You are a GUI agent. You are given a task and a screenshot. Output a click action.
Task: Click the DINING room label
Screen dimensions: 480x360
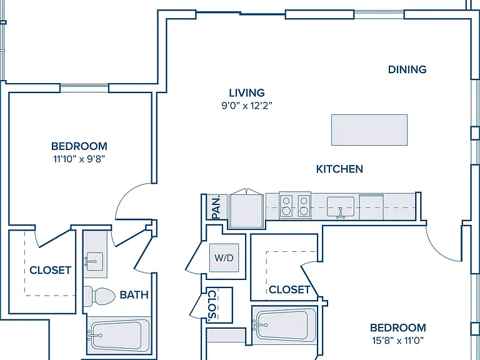pos(407,69)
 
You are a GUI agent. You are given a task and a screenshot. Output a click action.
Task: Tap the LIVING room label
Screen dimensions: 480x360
pos(247,92)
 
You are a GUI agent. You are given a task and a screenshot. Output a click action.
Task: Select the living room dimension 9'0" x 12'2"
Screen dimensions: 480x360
pos(247,106)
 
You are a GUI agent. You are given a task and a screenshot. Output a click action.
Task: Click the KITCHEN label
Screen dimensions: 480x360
pos(339,169)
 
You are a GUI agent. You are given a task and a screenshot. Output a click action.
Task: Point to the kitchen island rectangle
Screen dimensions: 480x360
pos(369,130)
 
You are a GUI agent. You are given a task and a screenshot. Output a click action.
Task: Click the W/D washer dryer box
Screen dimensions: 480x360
pos(224,257)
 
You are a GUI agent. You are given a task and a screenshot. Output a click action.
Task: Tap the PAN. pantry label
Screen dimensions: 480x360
pos(216,207)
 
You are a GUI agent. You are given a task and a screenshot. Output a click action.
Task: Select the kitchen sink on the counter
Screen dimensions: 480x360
pos(341,207)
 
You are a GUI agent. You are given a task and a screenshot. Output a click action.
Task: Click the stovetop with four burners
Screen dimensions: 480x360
pos(295,206)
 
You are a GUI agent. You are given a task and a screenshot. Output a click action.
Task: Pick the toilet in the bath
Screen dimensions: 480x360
pos(99,296)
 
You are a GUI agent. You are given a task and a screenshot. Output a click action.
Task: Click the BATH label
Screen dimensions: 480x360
pos(134,295)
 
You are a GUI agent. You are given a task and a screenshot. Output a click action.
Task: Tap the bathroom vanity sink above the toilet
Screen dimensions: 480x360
pos(94,261)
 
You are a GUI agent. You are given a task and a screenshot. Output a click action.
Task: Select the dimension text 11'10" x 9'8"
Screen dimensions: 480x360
pos(79,159)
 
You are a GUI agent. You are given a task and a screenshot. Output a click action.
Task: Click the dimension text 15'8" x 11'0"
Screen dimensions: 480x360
pos(398,341)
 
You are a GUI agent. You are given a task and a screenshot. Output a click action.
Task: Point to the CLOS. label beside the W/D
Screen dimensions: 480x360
pos(212,304)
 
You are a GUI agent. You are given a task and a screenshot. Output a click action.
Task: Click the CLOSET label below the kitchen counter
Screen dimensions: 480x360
pos(289,289)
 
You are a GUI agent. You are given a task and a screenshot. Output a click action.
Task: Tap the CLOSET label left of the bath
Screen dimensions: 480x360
pos(51,270)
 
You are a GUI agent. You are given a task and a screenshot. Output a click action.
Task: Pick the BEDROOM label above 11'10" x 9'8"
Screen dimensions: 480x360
pos(79,146)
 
